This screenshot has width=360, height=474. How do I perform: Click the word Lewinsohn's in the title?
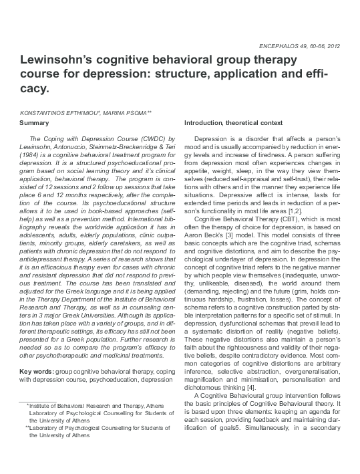pos(64,60)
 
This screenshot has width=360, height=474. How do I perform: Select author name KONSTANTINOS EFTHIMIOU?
pos(58,113)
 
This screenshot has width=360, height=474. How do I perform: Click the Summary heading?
pos(34,123)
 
